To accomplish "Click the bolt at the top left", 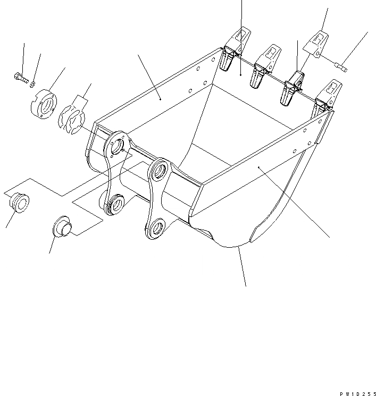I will tap(19, 77).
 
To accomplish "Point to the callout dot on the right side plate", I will tap(260, 167).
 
